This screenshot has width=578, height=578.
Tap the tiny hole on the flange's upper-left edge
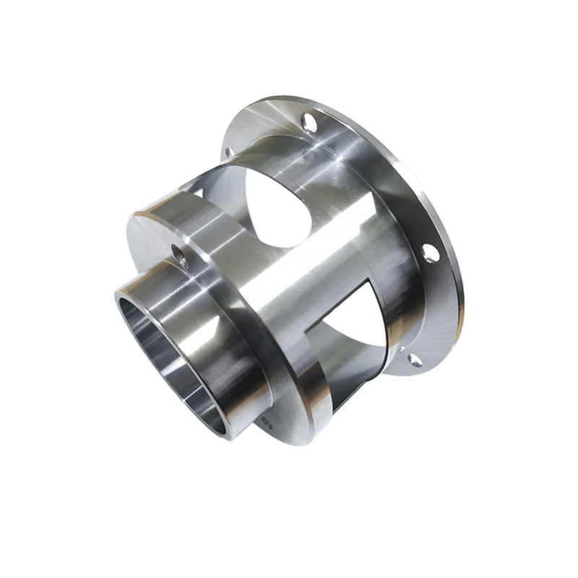point(228,152)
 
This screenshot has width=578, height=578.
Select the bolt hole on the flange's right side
point(429,252)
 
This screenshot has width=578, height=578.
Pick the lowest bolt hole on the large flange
point(413,359)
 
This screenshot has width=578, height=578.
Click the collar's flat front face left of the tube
point(144,246)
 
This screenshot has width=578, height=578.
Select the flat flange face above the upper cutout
point(267,130)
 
